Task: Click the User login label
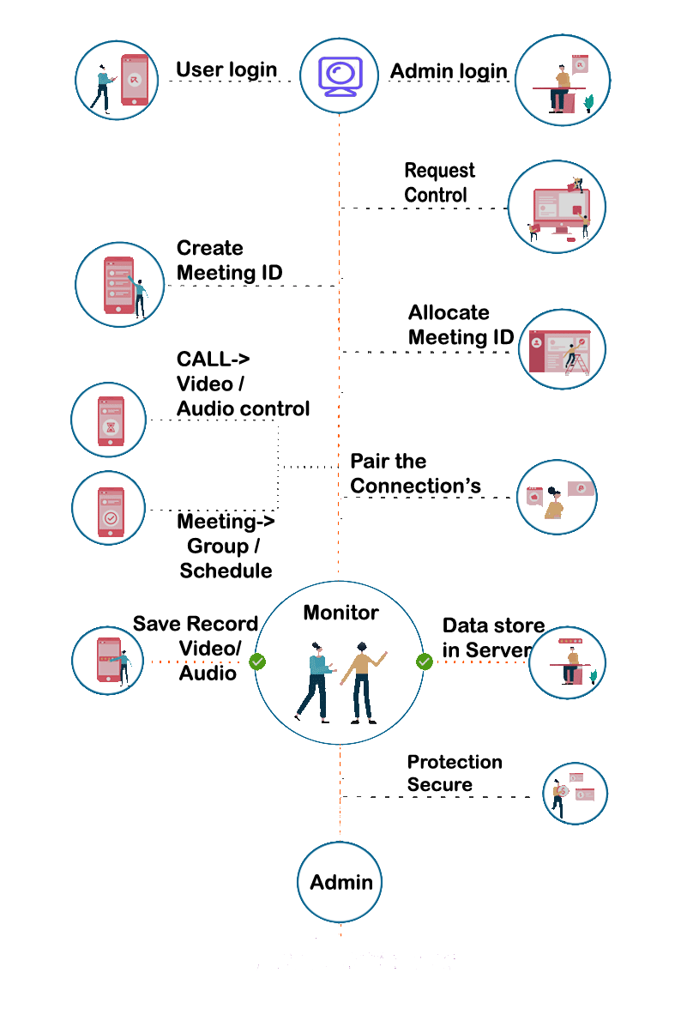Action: (x=226, y=69)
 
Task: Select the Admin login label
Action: (x=449, y=71)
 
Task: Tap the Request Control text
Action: (x=438, y=183)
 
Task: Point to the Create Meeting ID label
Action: (x=229, y=261)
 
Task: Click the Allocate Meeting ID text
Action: (x=461, y=325)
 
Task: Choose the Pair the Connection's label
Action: (x=415, y=474)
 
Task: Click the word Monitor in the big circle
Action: (x=340, y=613)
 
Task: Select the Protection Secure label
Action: (x=454, y=773)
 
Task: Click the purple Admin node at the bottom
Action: (x=340, y=883)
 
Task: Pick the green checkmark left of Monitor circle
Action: (x=256, y=662)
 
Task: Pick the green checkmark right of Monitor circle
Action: (x=424, y=662)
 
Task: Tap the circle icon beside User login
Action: (x=118, y=79)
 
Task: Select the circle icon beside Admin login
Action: (x=563, y=80)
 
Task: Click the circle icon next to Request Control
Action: (x=557, y=207)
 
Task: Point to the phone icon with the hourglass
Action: (x=109, y=420)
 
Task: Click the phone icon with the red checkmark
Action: (x=109, y=507)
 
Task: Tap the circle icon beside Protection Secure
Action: (x=575, y=794)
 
